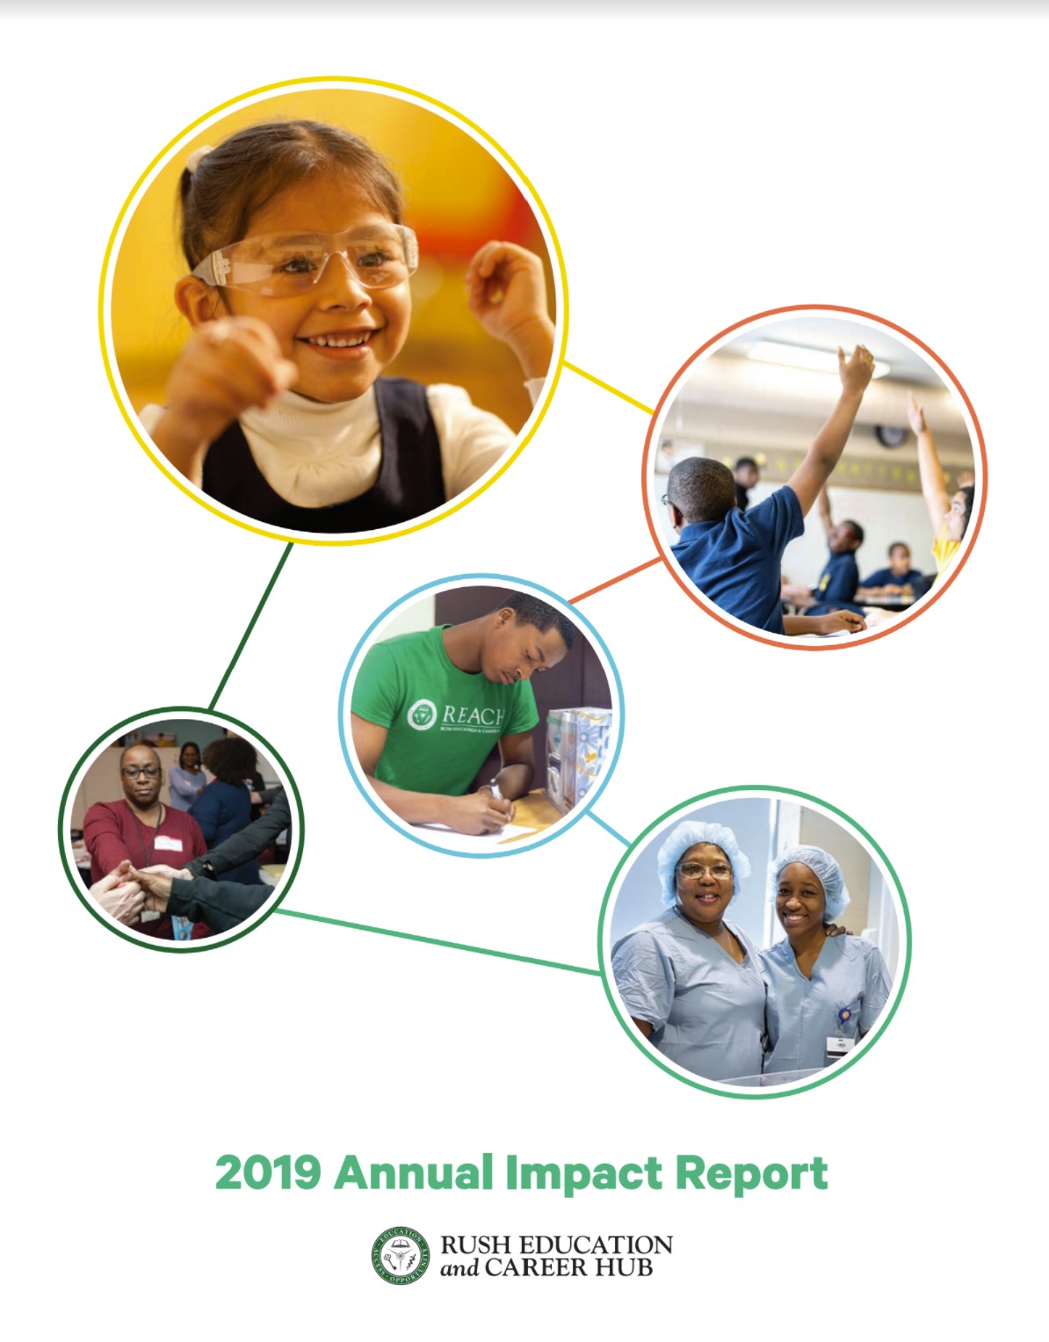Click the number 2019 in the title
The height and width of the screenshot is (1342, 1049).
267,1173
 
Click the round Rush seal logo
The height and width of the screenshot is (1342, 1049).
401,1256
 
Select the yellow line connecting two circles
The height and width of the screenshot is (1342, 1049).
607,387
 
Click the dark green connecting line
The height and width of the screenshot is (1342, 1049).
250,626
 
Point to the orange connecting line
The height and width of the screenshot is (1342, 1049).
615,580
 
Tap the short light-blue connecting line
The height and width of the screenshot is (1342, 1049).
608,829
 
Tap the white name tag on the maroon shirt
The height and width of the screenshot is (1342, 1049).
166,843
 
